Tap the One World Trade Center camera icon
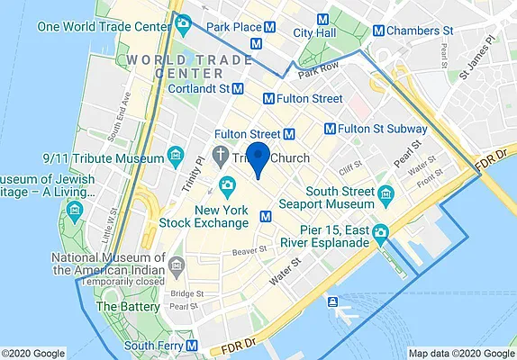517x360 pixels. tap(184, 23)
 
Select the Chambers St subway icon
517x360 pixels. tap(378, 31)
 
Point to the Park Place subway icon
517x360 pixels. tap(258, 42)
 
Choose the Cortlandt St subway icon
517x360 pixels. tap(238, 89)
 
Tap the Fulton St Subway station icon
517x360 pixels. tap(331, 129)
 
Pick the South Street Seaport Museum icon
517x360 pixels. tap(386, 193)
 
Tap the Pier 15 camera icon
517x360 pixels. tap(381, 233)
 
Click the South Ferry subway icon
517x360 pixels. tap(193, 346)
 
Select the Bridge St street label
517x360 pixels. tap(187, 293)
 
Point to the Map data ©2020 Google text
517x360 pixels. tap(460, 353)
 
